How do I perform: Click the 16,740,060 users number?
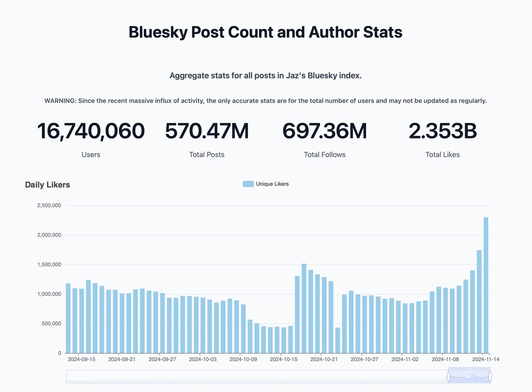[91, 131]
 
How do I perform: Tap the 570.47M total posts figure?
[207, 131]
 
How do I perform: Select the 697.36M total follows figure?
[324, 131]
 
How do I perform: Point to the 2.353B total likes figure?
[442, 131]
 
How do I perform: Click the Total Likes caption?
[442, 155]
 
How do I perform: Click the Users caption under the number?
[91, 155]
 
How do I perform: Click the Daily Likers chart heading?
[48, 185]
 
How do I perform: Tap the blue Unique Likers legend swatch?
[248, 184]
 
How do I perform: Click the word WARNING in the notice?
[60, 101]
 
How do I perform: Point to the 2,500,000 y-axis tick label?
[49, 206]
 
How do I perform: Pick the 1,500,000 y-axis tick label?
[49, 265]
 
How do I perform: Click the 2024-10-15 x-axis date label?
[284, 359]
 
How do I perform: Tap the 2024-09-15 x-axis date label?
[81, 359]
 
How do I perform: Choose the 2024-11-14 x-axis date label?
[486, 359]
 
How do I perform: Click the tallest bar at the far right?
[486, 285]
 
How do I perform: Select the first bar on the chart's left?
[68, 318]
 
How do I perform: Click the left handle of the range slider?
[449, 376]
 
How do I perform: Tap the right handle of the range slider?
[490, 376]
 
